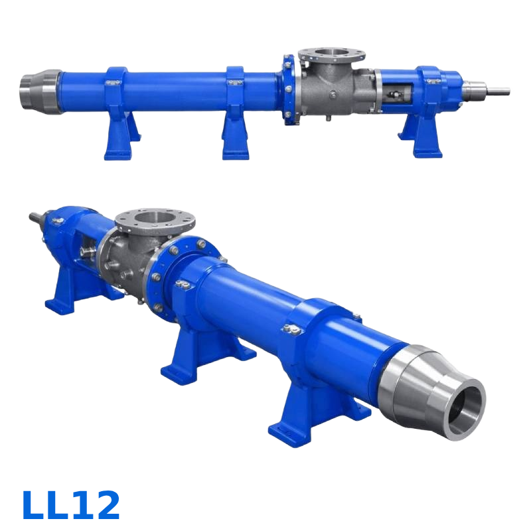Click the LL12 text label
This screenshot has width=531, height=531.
pos(71,505)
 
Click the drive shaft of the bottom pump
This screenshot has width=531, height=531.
pos(37,218)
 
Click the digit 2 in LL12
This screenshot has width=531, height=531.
pos(106,505)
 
